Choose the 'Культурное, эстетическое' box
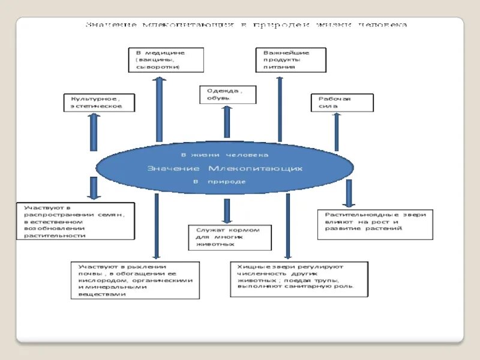click(x=98, y=102)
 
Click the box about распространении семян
click(x=75, y=221)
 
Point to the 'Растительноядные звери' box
click(x=375, y=224)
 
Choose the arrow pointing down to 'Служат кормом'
click(x=227, y=211)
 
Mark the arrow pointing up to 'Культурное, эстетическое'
click(x=94, y=131)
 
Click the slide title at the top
click(x=246, y=25)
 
